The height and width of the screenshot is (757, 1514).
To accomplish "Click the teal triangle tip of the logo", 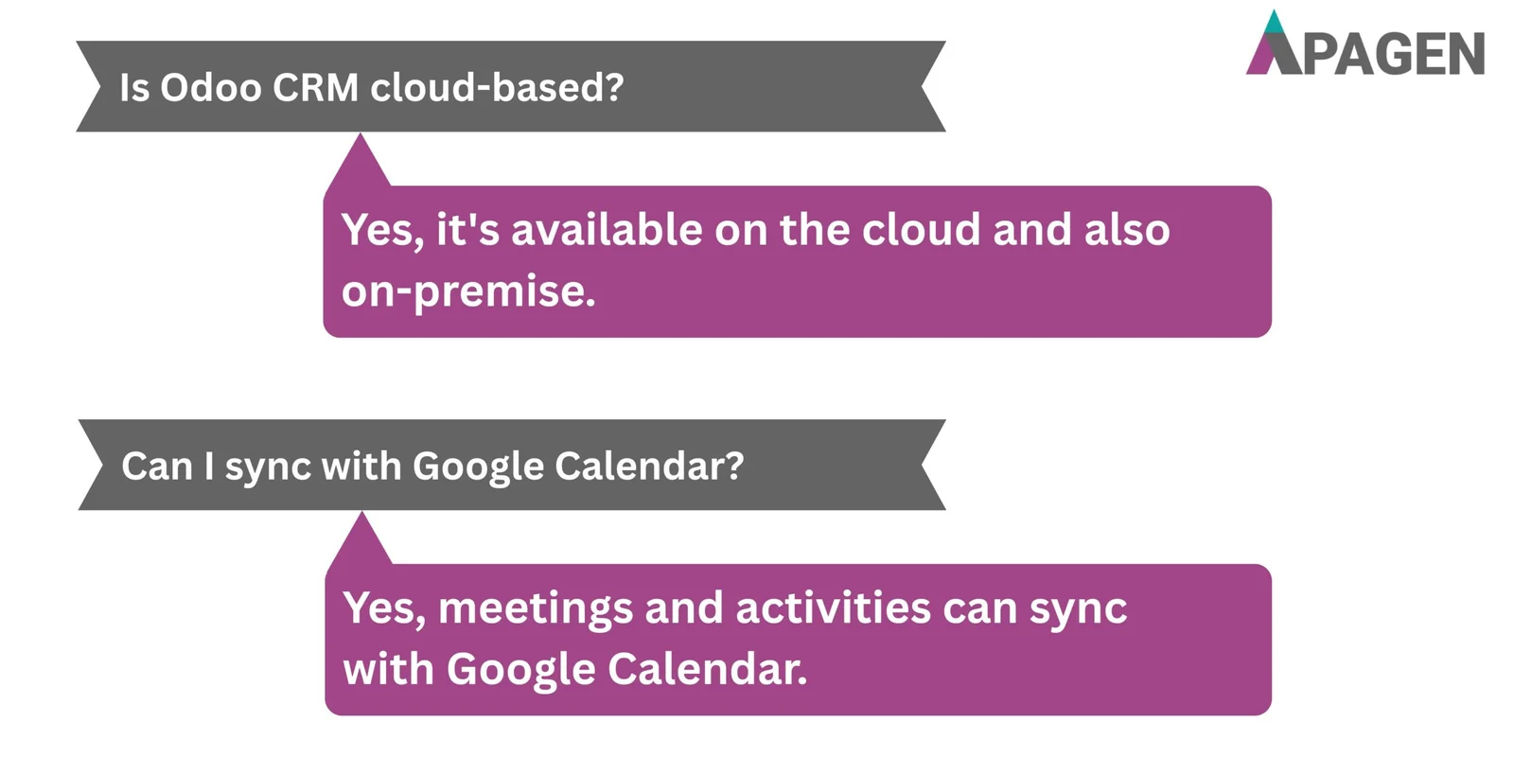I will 1275,23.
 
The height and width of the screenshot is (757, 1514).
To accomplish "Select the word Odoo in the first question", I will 210,88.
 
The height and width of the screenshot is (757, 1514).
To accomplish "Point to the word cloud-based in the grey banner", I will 497,88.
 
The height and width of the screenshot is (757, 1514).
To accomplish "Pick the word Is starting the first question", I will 134,88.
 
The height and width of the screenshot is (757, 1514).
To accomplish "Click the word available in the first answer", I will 607,230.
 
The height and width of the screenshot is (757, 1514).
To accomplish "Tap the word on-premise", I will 468,291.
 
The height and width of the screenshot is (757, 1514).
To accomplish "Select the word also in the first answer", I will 1127,230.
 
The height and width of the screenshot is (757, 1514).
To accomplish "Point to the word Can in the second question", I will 157,467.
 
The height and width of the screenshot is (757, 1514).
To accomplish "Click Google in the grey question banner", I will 478,467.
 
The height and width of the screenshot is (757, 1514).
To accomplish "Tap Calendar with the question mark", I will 649,467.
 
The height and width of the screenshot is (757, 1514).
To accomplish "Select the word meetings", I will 536,608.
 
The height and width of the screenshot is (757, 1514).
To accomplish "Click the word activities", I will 833,608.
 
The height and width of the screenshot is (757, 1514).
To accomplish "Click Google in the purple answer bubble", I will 520,670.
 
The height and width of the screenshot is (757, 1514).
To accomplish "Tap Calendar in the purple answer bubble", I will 707,670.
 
